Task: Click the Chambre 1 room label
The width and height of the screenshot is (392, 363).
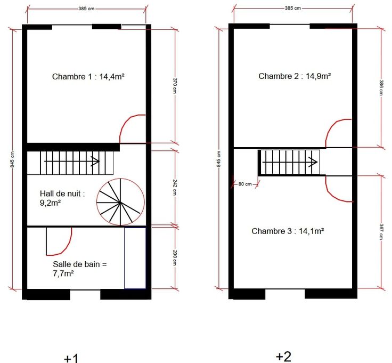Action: (88, 76)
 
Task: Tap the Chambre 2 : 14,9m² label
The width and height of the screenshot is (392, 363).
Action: (295, 76)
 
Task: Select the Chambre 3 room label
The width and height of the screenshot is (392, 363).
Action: (288, 231)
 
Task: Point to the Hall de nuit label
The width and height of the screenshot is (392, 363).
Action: (62, 198)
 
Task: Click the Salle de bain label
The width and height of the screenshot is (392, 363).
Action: (80, 269)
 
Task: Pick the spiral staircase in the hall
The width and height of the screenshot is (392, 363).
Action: (120, 202)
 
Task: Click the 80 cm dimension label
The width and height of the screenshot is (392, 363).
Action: (245, 184)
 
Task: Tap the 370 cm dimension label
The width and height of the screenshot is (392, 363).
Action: (175, 86)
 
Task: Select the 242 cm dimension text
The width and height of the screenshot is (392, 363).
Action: (175, 188)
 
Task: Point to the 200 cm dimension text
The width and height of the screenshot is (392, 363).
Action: (175, 259)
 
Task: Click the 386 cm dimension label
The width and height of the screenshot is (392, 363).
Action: (381, 87)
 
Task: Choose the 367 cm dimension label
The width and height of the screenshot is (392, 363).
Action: (381, 232)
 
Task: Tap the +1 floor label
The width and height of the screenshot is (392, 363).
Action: (71, 358)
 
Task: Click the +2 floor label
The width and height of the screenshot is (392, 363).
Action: (284, 356)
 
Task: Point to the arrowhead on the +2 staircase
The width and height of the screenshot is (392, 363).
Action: (314, 162)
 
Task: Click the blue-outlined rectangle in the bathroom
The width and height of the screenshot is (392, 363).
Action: (135, 258)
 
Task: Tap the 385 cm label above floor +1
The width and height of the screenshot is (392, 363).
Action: (86, 9)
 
